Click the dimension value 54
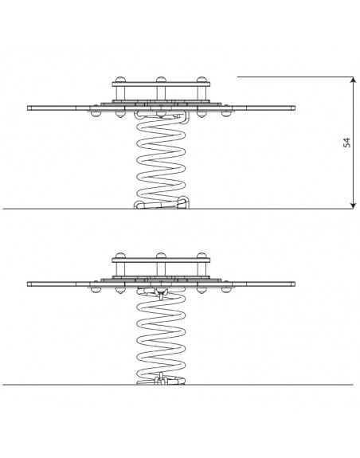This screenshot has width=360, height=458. (x=346, y=143)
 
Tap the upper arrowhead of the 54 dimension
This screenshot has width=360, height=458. (x=353, y=80)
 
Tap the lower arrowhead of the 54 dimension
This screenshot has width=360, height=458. (x=353, y=206)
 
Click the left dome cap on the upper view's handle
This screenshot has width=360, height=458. (x=120, y=80)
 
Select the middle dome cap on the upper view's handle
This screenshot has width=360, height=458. (x=161, y=80)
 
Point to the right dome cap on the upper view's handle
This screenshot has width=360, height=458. (x=202, y=80)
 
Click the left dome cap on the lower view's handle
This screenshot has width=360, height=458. (x=120, y=256)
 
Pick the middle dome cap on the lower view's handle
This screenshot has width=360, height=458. (x=161, y=256)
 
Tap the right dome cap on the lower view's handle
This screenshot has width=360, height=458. (x=202, y=256)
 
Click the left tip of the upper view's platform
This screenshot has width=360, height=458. (x=28, y=108)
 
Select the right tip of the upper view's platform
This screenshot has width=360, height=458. (x=295, y=108)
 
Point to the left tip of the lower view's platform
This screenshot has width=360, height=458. (x=28, y=284)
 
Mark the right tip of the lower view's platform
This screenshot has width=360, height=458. (x=295, y=284)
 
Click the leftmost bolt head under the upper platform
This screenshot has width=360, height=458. (x=95, y=114)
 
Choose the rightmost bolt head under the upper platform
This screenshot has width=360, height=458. (x=225, y=114)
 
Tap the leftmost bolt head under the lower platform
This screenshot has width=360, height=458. (x=95, y=290)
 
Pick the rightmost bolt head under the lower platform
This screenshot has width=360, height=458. (x=225, y=290)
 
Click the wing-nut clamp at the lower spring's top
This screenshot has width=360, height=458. (x=161, y=293)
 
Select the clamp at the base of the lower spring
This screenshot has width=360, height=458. (x=161, y=379)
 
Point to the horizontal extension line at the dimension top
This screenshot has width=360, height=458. (x=295, y=76)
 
